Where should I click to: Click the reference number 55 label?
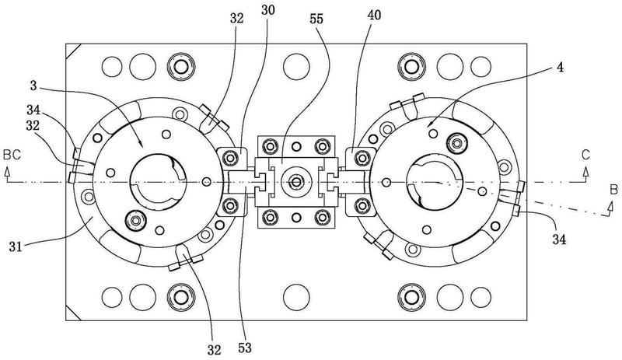tap(316, 19)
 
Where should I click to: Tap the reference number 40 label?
tap(374, 16)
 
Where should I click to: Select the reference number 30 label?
tap(267, 10)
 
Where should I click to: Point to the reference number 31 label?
tap(16, 247)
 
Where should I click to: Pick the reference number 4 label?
tap(560, 68)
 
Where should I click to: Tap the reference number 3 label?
tap(33, 86)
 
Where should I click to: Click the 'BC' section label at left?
tap(12, 155)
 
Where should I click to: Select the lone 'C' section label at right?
tap(585, 156)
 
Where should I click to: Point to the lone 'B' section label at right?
tap(613, 190)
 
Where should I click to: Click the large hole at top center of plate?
tap(296, 66)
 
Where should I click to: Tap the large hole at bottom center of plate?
tap(296, 297)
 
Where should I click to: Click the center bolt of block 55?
tap(295, 182)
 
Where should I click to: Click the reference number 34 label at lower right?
tap(559, 239)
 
